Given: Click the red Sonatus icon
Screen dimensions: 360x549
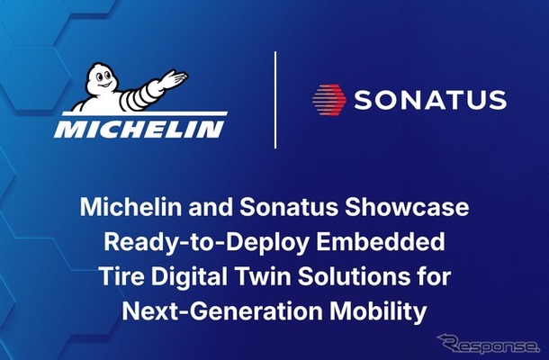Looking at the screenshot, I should point(329,98).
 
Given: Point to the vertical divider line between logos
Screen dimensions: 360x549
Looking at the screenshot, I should point(274,99).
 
